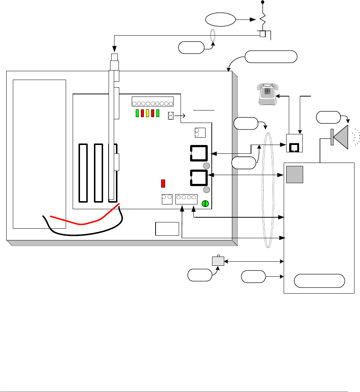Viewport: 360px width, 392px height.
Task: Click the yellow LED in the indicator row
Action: point(147,113)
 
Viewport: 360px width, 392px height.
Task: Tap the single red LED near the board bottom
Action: point(164,183)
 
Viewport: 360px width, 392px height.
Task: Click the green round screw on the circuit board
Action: point(206,203)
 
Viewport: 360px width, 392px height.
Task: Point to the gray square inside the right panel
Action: point(295,174)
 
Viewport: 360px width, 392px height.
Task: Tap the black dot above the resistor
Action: point(262,3)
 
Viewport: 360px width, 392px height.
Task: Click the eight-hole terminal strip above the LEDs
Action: point(152,102)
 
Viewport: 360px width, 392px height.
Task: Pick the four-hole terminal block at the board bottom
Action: point(186,199)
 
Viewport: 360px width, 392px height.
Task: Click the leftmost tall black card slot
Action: point(83,173)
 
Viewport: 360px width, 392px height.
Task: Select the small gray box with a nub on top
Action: point(218,261)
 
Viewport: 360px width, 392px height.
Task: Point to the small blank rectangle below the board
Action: point(167,229)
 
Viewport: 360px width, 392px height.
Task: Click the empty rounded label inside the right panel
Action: point(320,281)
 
